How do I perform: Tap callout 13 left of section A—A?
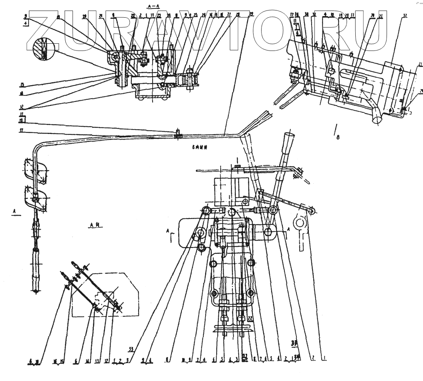click(x=23, y=85)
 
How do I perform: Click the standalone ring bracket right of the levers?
click(x=299, y=222)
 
